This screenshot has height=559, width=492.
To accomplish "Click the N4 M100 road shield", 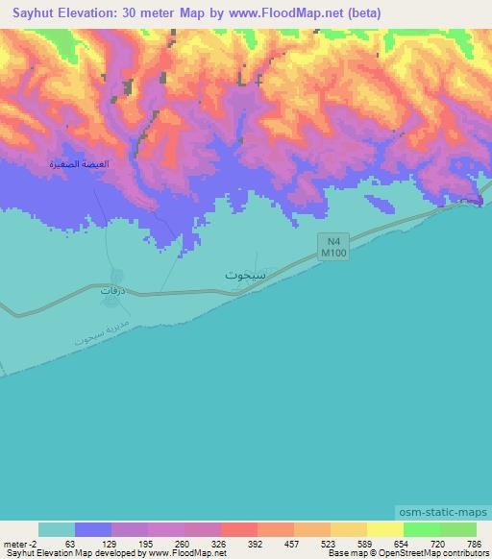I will click(x=331, y=247).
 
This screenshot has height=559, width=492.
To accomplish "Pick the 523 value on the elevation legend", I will click(x=328, y=543).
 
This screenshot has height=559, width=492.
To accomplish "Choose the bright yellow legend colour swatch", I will click(x=385, y=529).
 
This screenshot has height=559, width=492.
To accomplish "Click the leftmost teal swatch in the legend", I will click(x=57, y=529).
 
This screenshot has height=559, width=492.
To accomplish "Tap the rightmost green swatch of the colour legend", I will click(x=458, y=529).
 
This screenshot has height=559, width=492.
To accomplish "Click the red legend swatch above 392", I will click(x=239, y=529).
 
